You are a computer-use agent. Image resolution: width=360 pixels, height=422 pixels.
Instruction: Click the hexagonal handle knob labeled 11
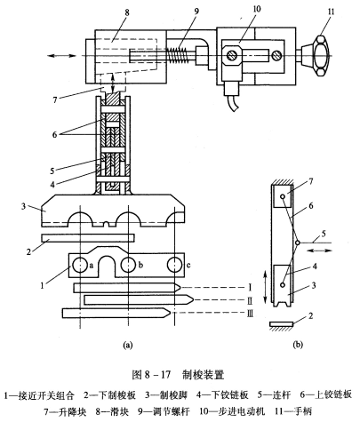click(321, 55)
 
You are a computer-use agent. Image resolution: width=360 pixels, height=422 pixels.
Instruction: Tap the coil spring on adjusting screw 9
click(179, 55)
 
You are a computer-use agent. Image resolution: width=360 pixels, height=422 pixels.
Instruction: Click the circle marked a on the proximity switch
click(79, 265)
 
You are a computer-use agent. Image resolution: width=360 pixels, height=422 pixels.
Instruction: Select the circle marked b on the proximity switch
click(128, 265)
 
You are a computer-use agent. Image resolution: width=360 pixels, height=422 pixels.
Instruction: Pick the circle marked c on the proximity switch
click(175, 265)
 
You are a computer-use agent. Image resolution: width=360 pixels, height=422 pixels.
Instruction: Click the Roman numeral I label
click(250, 287)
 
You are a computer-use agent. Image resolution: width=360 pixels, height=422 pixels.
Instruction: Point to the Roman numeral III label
click(250, 314)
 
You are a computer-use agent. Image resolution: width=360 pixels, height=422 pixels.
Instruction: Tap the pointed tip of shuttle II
click(193, 300)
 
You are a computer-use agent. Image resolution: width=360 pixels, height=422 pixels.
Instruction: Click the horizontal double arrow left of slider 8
click(62, 56)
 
